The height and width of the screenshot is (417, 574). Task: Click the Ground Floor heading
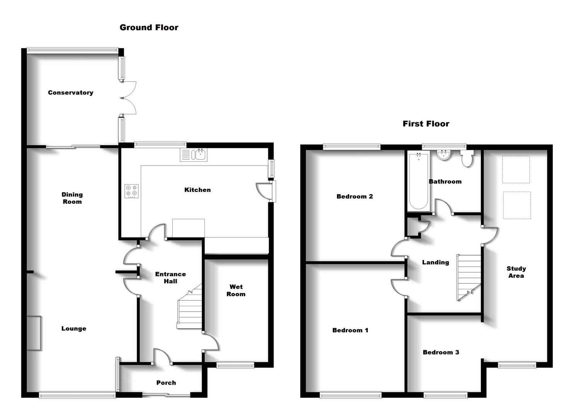[149, 27]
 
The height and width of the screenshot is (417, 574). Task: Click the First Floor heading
[426, 124]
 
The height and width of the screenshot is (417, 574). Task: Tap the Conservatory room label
[70, 93]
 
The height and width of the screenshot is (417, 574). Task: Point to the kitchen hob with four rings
[132, 191]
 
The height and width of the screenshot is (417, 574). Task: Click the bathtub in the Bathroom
[418, 181]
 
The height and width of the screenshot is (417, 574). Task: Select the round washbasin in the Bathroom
[444, 155]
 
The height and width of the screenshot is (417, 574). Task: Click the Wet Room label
[236, 290]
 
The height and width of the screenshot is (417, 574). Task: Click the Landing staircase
[469, 276]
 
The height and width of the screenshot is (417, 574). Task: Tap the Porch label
[166, 383]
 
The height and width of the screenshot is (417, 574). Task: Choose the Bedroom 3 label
[441, 352]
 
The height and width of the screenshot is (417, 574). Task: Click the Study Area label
[516, 272]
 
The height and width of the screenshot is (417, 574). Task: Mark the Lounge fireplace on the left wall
[34, 333]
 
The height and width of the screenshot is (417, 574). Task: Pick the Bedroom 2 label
[354, 197]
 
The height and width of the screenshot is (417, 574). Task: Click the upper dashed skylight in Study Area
[516, 169]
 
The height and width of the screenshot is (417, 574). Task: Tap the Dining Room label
[72, 198]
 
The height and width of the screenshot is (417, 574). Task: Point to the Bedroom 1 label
[350, 330]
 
